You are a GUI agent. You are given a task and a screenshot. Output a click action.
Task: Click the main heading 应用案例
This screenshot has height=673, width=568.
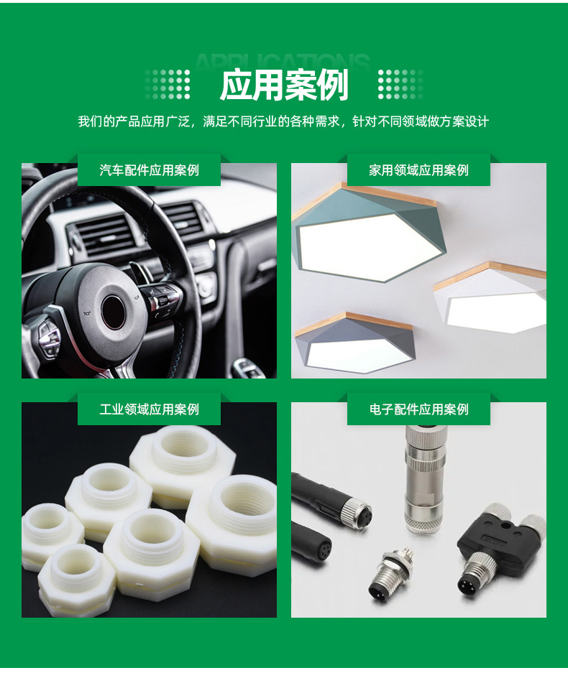coord(283,85)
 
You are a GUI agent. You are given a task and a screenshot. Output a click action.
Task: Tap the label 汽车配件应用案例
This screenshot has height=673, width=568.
coord(149,170)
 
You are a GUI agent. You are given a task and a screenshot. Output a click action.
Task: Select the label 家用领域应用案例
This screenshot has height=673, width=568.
coord(418,170)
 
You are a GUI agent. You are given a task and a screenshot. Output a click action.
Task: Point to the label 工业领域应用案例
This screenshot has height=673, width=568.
coord(149,409)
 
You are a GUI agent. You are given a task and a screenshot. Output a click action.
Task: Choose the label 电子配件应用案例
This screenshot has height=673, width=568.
coord(418,409)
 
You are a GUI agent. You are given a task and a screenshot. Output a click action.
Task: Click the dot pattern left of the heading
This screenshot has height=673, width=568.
coord(168,84)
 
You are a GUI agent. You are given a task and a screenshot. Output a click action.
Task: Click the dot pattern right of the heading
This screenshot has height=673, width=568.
coord(400,84)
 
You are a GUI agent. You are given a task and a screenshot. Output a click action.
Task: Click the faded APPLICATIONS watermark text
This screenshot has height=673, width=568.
coord(283,61)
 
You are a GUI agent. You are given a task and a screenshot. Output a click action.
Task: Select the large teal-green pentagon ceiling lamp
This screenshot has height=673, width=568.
coord(369,235)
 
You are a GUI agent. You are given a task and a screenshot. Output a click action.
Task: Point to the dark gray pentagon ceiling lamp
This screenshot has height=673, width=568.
coord(354,344)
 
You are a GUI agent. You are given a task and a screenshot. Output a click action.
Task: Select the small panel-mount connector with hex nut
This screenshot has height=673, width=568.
coord(390,572)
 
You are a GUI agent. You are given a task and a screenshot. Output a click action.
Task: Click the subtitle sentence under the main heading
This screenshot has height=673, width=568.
coord(283,121)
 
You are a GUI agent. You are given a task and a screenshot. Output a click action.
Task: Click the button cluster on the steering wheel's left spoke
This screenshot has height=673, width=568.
coord(49,340)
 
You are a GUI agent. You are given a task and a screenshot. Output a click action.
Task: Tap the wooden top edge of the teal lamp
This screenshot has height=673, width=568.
coord(389,194)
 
